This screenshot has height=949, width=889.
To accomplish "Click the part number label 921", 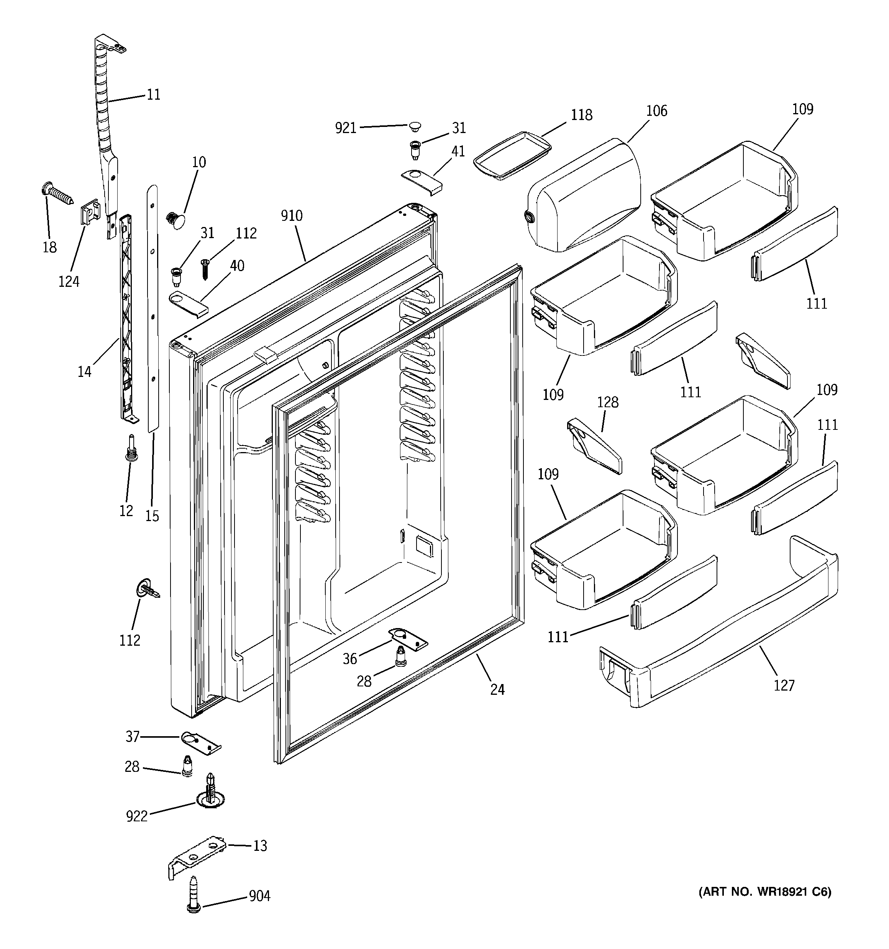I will pyautogui.click(x=346, y=128).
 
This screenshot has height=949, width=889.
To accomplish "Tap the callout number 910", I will pyautogui.click(x=292, y=216).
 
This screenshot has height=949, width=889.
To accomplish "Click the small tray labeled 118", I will pyautogui.click(x=512, y=155).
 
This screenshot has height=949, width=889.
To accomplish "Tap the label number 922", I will pyautogui.click(x=137, y=816).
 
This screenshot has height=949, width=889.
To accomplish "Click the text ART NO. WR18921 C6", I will pyautogui.click(x=764, y=892).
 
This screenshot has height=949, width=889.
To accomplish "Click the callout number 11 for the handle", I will pyautogui.click(x=153, y=95).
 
